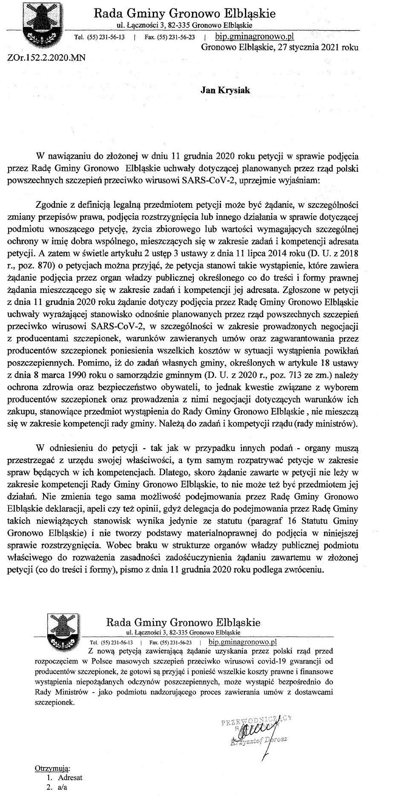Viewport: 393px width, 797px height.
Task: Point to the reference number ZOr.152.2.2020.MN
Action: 46,57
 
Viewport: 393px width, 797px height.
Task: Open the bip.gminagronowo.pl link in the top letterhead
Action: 255,36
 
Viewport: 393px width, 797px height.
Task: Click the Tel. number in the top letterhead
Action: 105,37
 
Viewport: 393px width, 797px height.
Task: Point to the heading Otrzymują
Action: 52,769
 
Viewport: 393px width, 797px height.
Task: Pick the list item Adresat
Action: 70,777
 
